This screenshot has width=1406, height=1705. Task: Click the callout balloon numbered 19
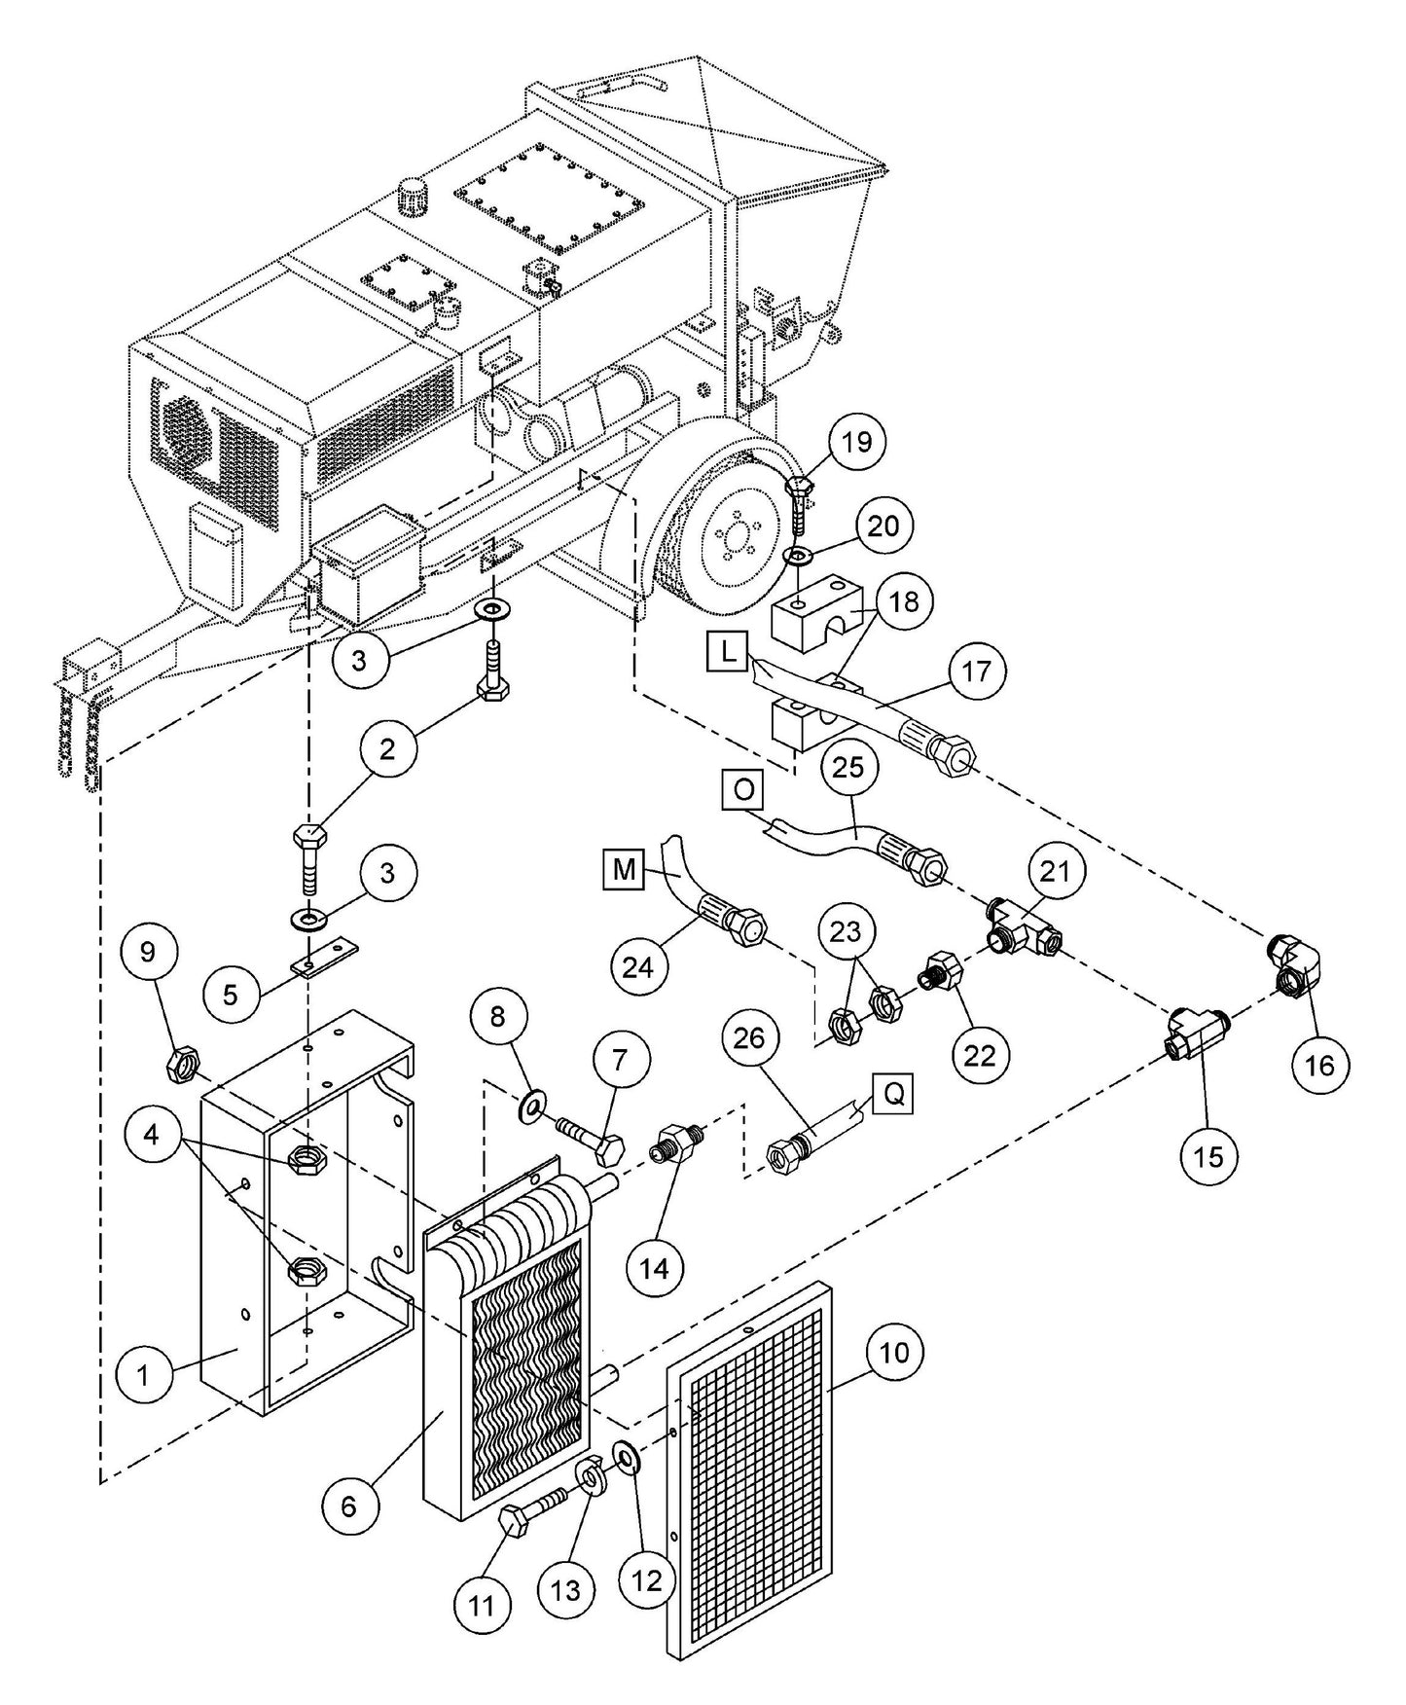(x=857, y=442)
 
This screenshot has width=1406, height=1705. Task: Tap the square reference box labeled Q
(x=893, y=1094)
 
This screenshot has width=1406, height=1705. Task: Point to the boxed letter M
(x=625, y=869)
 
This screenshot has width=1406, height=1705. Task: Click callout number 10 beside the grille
(x=894, y=1352)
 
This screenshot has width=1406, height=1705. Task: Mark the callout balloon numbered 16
(x=1319, y=1065)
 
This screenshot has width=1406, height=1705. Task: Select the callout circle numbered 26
(x=749, y=1038)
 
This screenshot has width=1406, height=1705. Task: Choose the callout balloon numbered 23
(x=846, y=931)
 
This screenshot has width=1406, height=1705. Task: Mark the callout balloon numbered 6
(x=348, y=1506)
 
